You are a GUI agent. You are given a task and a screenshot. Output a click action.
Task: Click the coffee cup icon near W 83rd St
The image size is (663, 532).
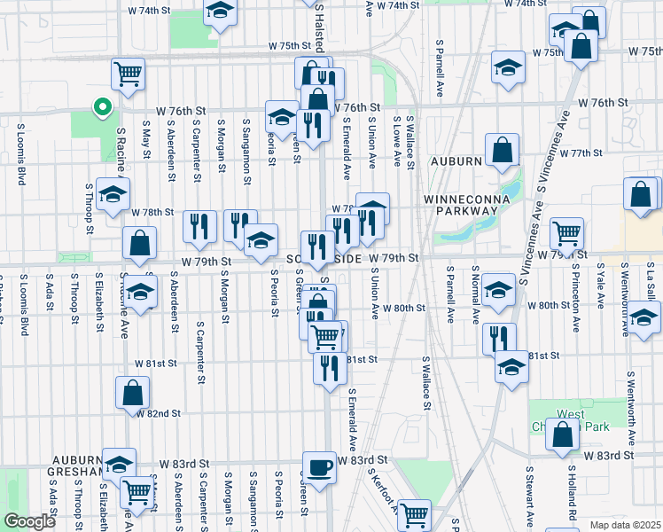319,465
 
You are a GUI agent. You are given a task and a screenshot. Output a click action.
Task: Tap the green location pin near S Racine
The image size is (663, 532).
102,109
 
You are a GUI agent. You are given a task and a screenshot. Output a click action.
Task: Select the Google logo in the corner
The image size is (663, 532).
29,521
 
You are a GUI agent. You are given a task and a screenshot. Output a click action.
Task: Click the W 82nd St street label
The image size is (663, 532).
157,413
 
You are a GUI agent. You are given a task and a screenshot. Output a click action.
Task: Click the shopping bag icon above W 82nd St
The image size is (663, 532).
132,393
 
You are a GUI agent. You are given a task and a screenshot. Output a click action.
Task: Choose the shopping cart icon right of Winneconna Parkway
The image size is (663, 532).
566,233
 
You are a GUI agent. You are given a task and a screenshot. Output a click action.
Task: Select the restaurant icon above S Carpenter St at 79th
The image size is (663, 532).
199,225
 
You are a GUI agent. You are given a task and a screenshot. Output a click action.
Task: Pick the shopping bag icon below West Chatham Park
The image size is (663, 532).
562,434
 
